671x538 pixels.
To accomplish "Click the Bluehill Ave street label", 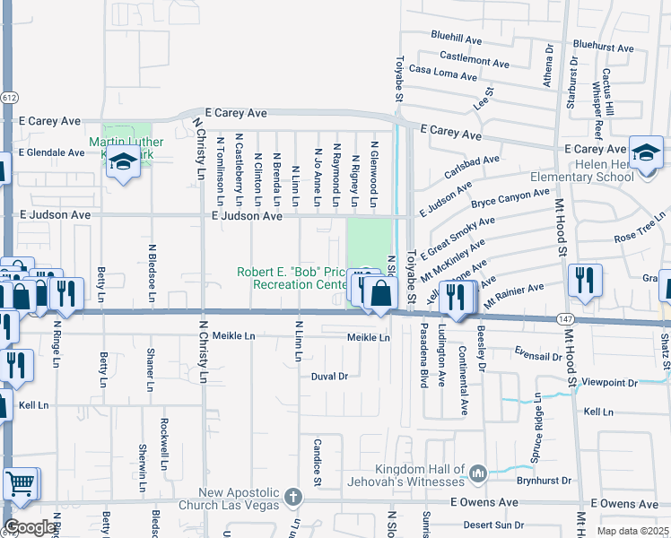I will (x=456, y=40).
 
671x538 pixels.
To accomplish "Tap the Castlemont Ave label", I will (x=476, y=60).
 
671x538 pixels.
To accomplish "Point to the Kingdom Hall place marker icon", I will (x=478, y=472).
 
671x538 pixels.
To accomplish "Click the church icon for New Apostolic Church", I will (x=292, y=497).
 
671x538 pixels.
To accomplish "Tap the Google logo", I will (x=30, y=527).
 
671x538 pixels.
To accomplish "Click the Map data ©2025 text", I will (x=632, y=531).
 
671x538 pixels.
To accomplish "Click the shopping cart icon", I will (x=21, y=484).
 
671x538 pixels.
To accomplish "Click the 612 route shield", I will (x=9, y=97).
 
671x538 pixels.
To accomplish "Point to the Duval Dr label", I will (x=329, y=377).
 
